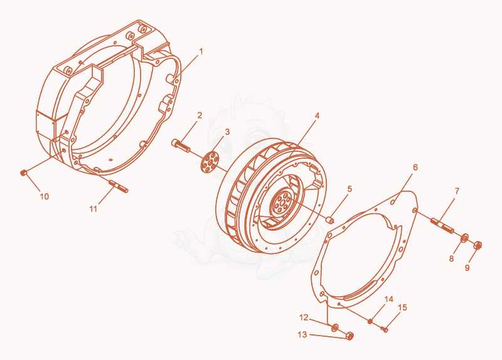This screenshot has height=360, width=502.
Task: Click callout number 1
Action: pos(201,51)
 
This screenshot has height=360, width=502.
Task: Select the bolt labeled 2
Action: pos(181,146)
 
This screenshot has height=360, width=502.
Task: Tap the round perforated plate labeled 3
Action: pos(210,162)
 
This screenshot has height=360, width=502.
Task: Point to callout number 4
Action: pos(317,115)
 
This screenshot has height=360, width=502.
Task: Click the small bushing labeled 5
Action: pos(330,221)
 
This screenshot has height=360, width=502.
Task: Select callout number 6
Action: pos(415,167)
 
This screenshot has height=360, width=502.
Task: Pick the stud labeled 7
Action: pos(442,225)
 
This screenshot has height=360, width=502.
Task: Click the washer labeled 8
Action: pos(464,238)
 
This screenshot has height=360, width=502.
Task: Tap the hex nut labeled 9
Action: pos(478,245)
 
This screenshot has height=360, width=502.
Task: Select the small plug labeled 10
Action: pos(23,173)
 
